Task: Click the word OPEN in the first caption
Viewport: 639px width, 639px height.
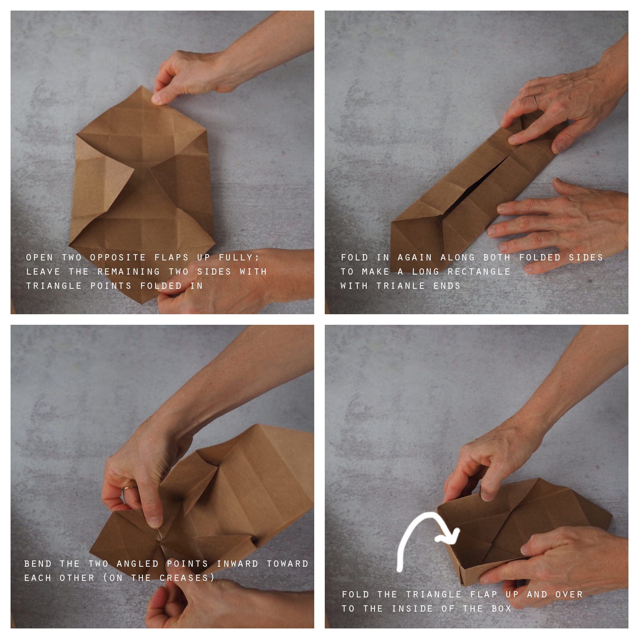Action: coord(39,257)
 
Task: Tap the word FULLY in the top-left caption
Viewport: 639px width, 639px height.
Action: coord(239,258)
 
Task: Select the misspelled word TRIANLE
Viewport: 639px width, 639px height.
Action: coord(401,286)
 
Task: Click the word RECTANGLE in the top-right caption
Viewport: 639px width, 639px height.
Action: coord(479,272)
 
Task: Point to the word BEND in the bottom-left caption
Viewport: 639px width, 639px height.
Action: coord(38,564)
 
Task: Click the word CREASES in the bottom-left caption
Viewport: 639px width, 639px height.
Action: coord(184,578)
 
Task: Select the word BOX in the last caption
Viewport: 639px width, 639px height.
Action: coord(501,609)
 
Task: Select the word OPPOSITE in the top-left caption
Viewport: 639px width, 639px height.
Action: coord(118,257)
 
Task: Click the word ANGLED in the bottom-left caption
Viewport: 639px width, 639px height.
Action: coord(138,564)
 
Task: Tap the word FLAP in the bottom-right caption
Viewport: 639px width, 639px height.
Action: coord(484,594)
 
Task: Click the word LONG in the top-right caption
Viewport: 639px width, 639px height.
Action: coord(425,272)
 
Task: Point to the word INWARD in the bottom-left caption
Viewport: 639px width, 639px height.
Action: coord(237,564)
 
